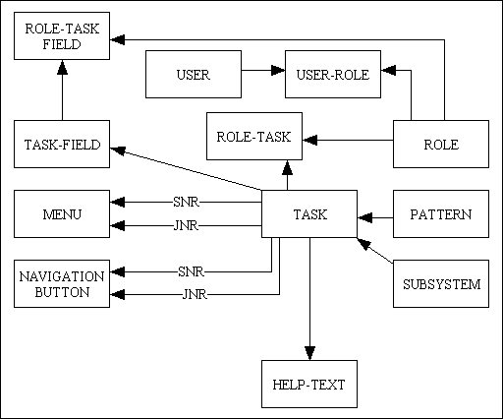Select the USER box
(x=193, y=74)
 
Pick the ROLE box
(x=441, y=145)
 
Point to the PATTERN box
(x=441, y=214)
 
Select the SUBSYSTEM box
(x=441, y=285)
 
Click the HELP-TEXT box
(x=309, y=385)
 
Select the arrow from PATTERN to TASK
(x=375, y=214)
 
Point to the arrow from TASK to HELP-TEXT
(x=309, y=295)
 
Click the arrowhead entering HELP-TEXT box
(x=309, y=353)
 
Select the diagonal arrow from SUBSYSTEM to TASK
(x=375, y=250)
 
